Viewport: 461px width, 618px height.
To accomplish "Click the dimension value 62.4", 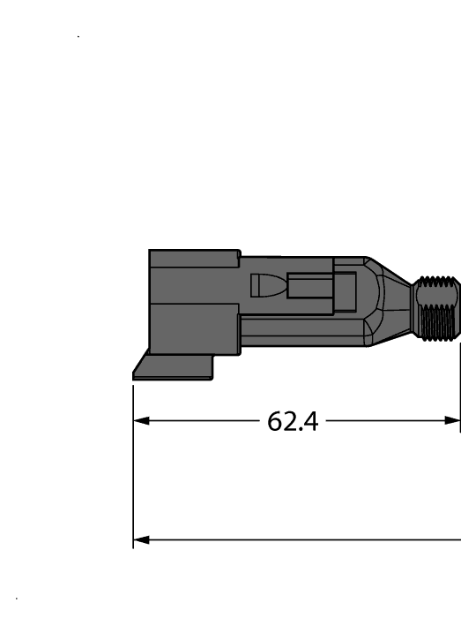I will (x=293, y=421).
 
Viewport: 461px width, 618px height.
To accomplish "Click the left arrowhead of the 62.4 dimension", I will (x=140, y=421).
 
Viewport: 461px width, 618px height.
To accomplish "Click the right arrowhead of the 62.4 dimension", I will (x=453, y=421).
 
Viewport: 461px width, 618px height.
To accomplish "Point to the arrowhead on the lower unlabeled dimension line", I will (x=140, y=539).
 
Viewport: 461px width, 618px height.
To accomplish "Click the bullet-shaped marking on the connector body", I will (x=265, y=285).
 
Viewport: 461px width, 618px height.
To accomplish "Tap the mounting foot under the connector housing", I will (x=173, y=367).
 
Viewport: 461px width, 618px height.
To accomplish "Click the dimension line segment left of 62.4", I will (x=203, y=421).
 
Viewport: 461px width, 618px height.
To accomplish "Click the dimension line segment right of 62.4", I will (x=388, y=421).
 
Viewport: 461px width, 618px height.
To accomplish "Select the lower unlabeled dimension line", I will (x=300, y=539).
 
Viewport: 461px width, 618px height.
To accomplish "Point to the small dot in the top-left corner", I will (x=79, y=37).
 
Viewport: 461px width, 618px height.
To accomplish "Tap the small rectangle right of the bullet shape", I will (x=309, y=287).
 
